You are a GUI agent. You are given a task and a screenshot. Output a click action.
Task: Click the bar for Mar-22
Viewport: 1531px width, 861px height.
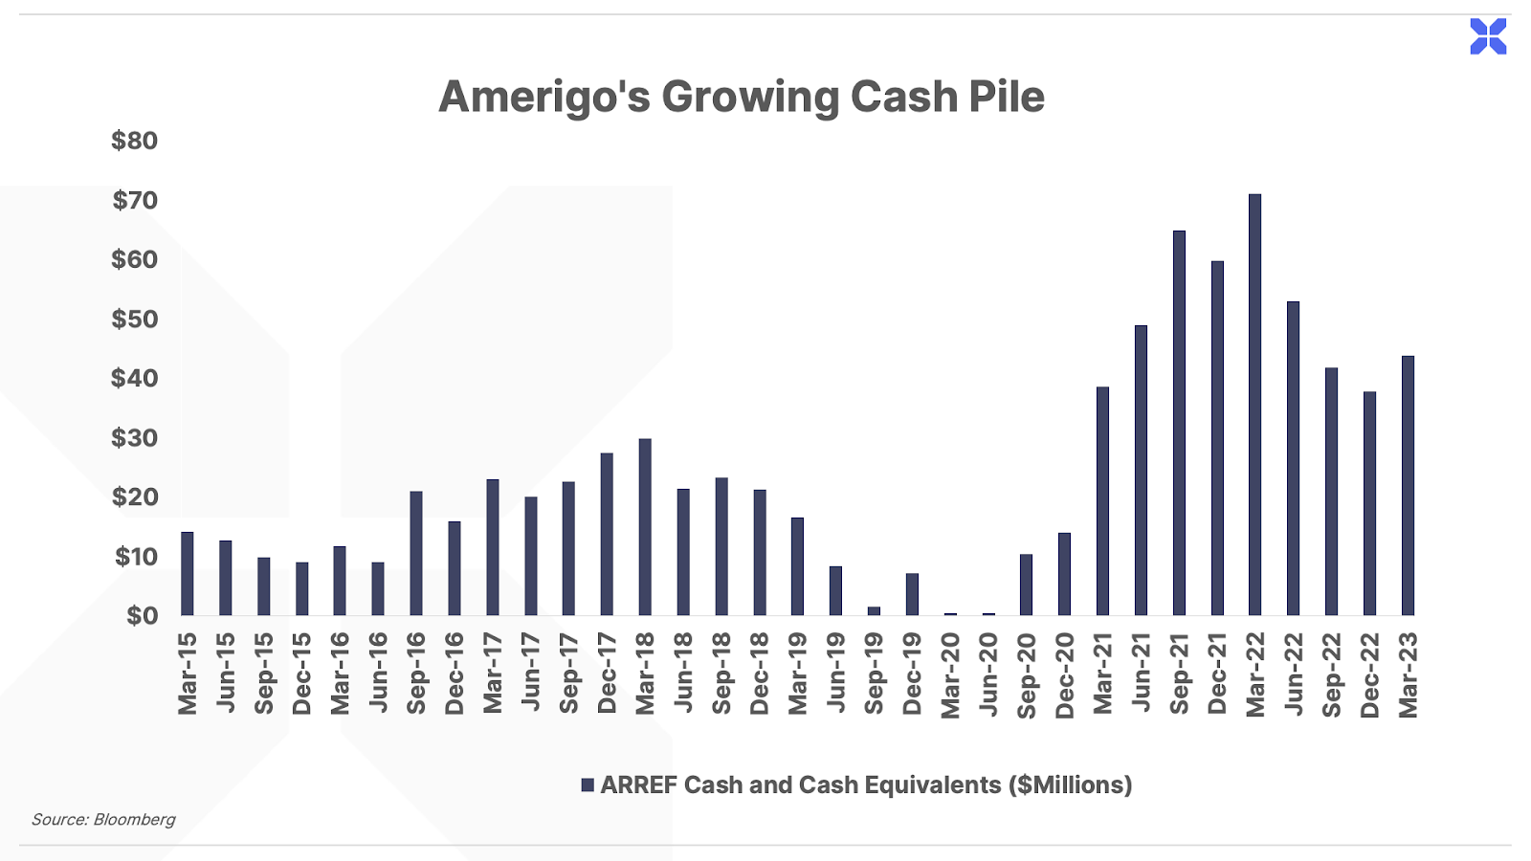pos(1254,405)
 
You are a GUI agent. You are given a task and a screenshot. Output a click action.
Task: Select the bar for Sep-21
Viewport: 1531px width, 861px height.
pos(1179,423)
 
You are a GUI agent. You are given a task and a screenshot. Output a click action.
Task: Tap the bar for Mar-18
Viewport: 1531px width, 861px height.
pos(645,527)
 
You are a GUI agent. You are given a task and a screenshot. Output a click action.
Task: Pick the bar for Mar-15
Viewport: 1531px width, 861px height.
pos(188,574)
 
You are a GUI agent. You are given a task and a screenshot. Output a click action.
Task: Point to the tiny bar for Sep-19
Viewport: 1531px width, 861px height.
pos(875,611)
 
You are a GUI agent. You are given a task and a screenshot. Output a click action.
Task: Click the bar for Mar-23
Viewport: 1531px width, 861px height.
pos(1408,486)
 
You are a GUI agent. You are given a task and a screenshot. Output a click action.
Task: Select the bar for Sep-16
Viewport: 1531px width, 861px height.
pos(416,554)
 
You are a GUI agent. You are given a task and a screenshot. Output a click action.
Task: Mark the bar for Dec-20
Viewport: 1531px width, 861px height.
pos(1064,574)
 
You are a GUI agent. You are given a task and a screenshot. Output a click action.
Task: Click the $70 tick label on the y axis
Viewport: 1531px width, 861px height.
pos(135,200)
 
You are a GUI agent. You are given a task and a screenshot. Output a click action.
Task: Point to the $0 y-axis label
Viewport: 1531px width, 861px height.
pos(143,616)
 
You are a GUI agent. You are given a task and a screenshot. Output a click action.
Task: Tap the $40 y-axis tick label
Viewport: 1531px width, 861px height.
pos(135,378)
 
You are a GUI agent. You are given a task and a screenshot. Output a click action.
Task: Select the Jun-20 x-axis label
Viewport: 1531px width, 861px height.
pos(989,674)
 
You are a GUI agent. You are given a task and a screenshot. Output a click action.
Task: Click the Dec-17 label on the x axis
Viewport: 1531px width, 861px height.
pos(607,673)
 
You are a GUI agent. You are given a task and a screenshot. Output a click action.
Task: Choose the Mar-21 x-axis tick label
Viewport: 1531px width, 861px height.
pos(1103,673)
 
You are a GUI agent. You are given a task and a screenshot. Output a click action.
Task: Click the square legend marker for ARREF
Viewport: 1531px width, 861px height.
pos(588,785)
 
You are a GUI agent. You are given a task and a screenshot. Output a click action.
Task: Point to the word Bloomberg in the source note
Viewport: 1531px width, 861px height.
pos(134,819)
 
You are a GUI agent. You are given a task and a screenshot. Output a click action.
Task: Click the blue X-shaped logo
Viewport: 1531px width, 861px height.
pos(1488,36)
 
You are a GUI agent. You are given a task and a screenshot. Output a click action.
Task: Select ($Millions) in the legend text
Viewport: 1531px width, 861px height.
pos(1071,785)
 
